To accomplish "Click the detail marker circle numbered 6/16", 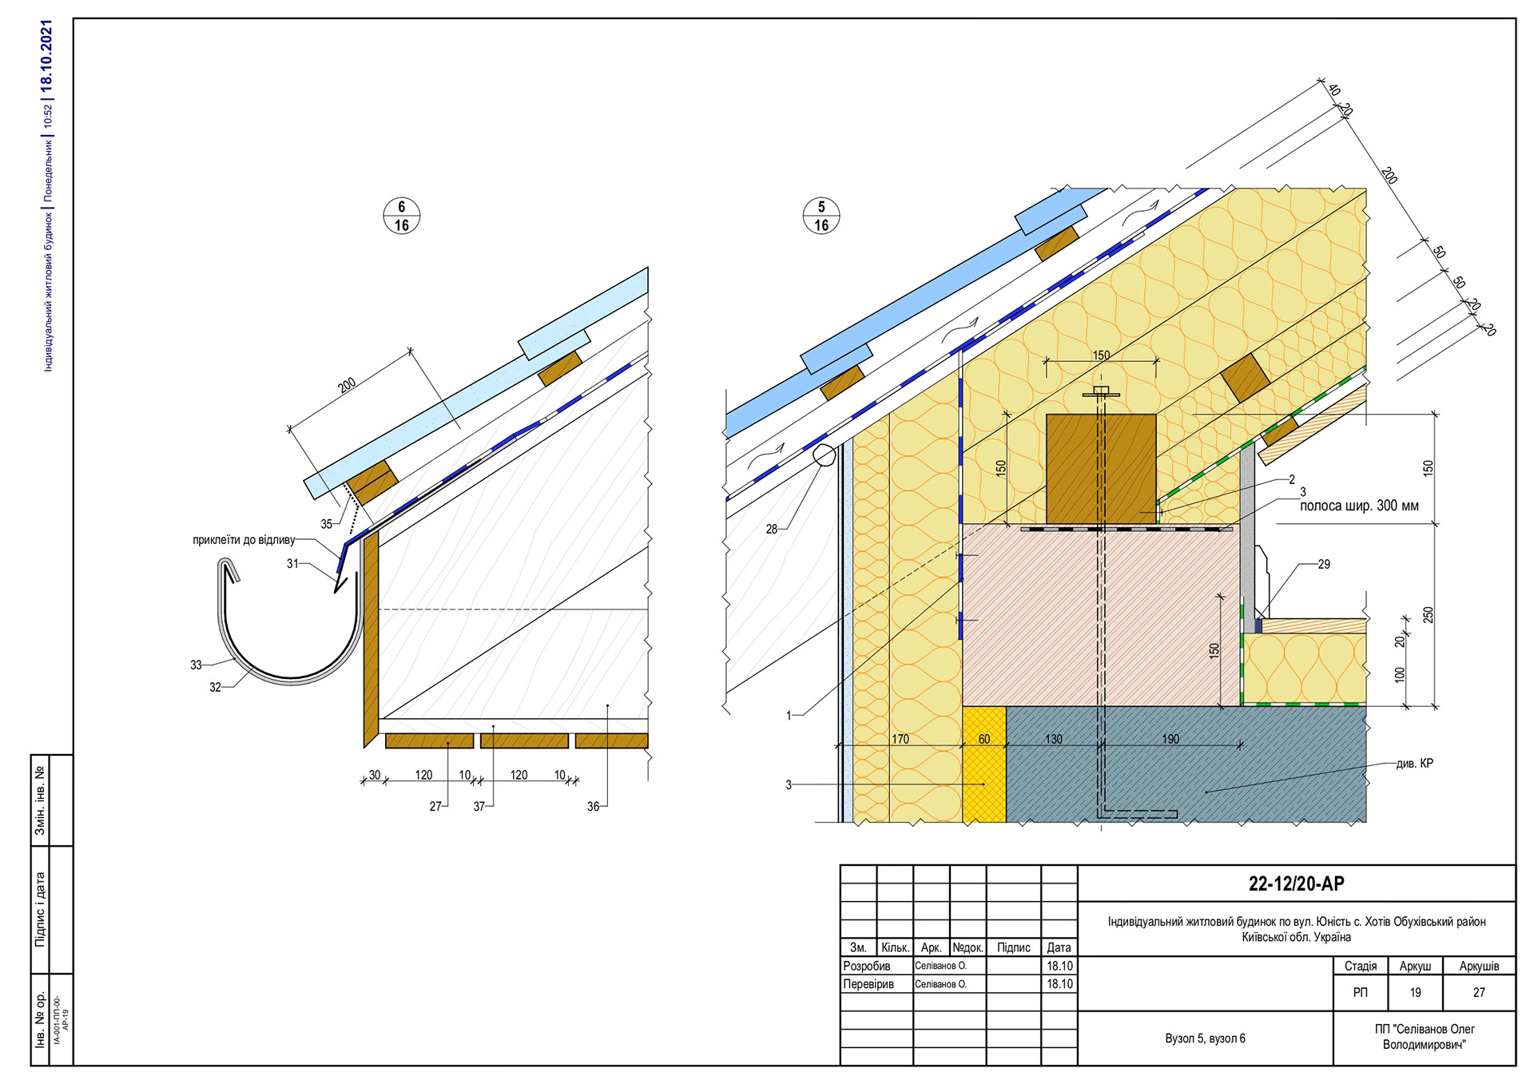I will pos(401,216).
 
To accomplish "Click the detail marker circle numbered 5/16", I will pos(821,216).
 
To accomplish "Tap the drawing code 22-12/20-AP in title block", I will pos(1296,883).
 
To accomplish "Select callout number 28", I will pos(771,529).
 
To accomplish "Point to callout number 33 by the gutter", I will pos(196,665).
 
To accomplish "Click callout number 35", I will pos(326,524).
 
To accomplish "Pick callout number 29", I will pos(1324,564).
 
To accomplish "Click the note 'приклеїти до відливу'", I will pos(244,540).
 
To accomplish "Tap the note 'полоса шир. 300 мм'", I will pos(1359,506).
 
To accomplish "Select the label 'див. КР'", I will pos(1415,763).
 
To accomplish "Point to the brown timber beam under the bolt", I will pos(1100,467).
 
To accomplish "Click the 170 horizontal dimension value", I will pos(900,739).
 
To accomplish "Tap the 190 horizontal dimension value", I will pos(1170,739).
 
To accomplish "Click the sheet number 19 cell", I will pos(1415,992).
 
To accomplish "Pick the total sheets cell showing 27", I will pos(1479,992).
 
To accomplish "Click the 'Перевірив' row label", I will pos(868,984).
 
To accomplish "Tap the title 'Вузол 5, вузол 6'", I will pos(1205,1038).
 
